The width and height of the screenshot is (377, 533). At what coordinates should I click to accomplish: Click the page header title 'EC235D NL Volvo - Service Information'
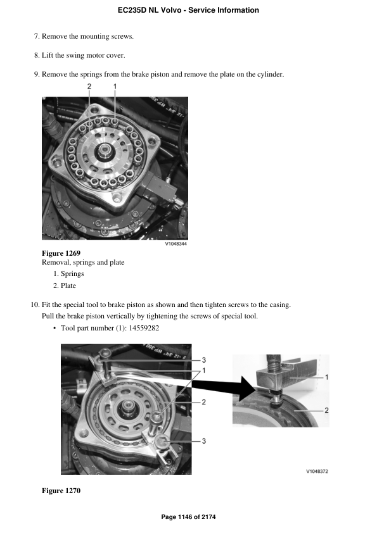(x=188, y=10)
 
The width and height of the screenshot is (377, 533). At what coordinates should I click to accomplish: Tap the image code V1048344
(x=176, y=244)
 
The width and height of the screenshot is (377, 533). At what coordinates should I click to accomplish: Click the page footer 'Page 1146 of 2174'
(x=188, y=517)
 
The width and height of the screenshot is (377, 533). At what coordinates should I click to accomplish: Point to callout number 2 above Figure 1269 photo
(x=89, y=85)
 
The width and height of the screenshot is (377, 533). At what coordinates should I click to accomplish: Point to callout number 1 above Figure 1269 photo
(x=115, y=85)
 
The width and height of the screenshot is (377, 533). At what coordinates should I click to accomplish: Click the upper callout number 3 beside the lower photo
(x=204, y=360)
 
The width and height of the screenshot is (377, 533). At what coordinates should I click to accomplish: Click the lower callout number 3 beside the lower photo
(x=204, y=441)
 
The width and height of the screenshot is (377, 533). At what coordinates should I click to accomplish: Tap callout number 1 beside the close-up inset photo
(x=326, y=377)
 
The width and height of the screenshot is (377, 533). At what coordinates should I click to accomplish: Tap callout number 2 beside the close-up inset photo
(x=326, y=410)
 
